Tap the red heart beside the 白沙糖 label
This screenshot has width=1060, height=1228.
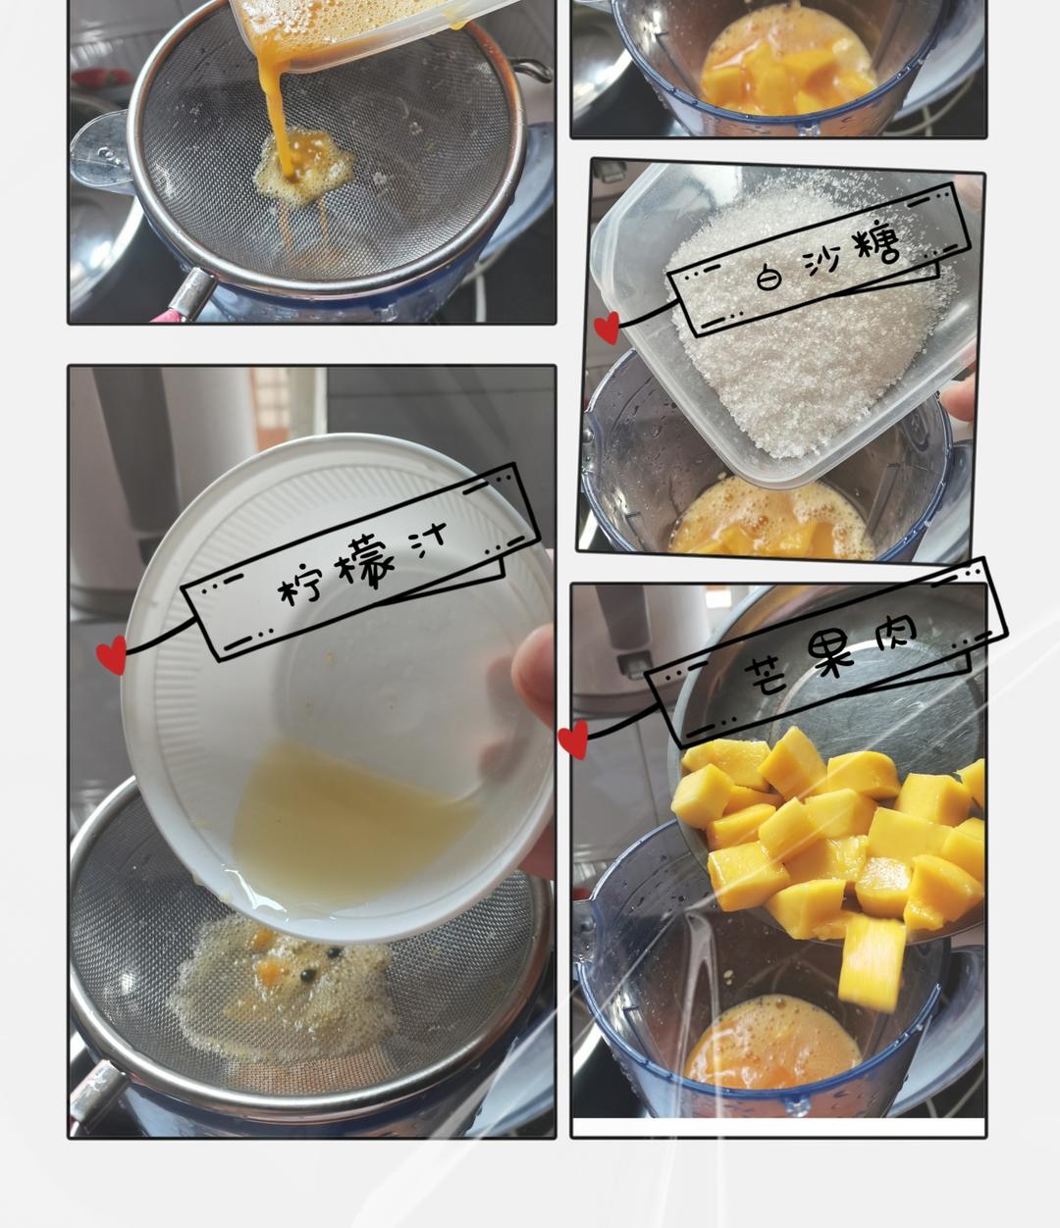[x=607, y=328]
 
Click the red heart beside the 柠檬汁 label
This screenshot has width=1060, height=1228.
[x=112, y=654]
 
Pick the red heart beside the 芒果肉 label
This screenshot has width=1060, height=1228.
[x=573, y=740]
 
